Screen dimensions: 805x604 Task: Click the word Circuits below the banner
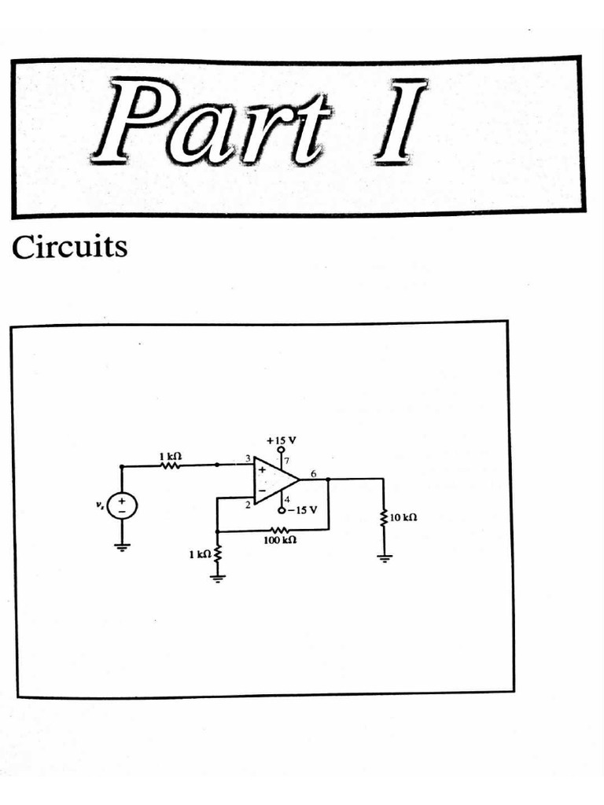pos(69,248)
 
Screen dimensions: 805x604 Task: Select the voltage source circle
pos(122,505)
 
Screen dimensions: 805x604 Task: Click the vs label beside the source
pos(100,504)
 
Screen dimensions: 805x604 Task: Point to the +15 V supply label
pos(281,440)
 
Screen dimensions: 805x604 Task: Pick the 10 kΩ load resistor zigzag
pos(385,518)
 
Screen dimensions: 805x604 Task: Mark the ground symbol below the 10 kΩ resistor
pos(385,558)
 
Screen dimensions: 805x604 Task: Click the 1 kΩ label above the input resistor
pos(170,455)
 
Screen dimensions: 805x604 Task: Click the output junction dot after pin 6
pos(326,479)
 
